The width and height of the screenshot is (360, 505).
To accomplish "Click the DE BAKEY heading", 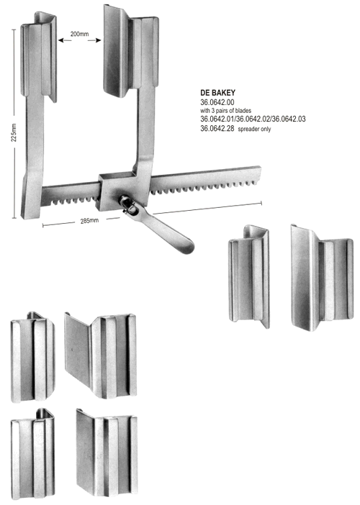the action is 218,93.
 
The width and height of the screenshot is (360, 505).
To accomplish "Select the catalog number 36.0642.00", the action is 217,102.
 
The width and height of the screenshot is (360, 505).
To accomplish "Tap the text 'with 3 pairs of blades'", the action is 225,111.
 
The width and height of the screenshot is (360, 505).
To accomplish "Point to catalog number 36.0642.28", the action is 217,129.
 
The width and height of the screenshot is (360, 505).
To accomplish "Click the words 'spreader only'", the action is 254,129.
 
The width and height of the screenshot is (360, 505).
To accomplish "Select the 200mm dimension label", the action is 80,34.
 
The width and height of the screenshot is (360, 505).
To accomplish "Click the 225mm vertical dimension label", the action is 14,132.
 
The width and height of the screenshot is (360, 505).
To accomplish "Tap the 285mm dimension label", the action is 89,221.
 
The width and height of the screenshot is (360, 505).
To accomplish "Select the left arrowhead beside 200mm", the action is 60,40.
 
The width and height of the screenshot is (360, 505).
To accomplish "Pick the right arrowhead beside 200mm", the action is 99,40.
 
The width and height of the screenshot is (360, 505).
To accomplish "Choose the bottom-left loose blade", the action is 32,453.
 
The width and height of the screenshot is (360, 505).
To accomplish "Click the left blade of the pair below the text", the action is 249,276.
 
